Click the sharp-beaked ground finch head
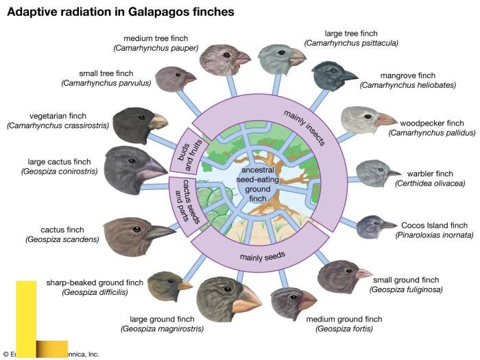click(169, 281)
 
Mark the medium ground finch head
click(293, 302)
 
